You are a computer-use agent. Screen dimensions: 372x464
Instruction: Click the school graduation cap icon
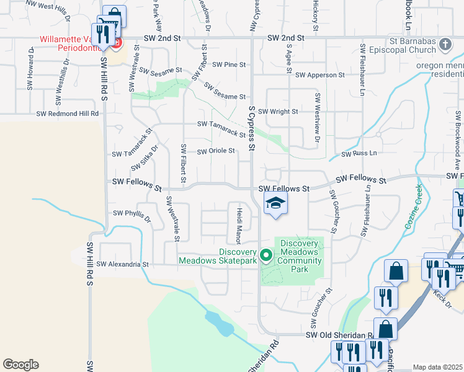click(276, 203)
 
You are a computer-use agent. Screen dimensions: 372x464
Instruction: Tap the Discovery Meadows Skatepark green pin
click(266, 255)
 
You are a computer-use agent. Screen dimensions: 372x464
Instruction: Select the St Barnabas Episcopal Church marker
click(445, 45)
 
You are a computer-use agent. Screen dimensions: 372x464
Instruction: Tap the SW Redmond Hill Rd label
click(68, 113)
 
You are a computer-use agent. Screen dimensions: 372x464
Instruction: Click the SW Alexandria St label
click(123, 264)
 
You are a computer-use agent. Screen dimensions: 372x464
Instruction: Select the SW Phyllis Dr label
click(132, 215)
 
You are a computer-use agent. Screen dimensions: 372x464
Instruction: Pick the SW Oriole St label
click(216, 151)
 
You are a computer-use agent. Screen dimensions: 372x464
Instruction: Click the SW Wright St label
click(278, 112)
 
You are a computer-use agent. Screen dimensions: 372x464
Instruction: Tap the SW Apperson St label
click(319, 75)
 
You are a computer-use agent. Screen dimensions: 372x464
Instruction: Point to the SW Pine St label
click(229, 64)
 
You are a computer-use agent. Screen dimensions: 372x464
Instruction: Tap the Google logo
click(20, 365)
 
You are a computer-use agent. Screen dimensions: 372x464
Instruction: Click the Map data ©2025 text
click(437, 367)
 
